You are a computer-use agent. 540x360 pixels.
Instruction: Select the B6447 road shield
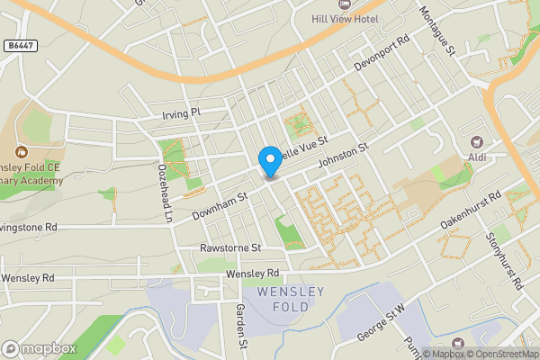tap(19, 44)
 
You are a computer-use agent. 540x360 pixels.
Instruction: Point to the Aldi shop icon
tap(477, 142)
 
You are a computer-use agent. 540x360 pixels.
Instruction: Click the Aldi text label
tap(477, 158)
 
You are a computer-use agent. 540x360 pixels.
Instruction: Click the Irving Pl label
tap(181, 112)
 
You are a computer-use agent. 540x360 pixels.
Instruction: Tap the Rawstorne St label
tap(230, 247)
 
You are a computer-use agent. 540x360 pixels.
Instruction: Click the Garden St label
tap(240, 325)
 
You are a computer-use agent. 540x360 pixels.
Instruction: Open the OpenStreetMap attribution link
tap(503, 353)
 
